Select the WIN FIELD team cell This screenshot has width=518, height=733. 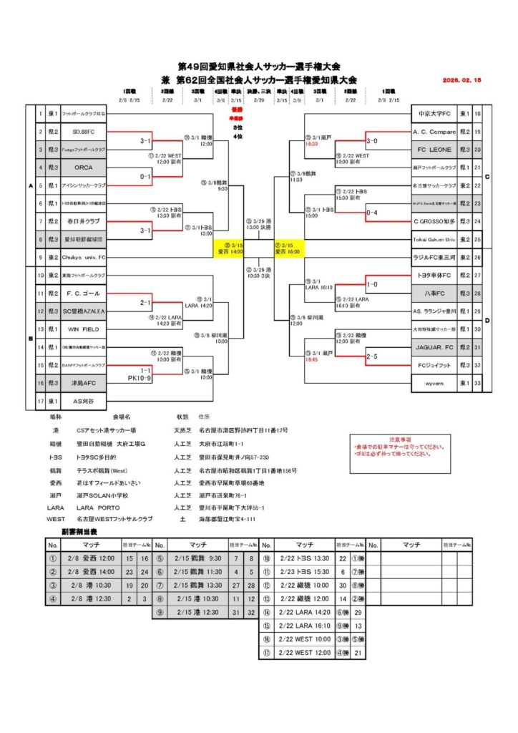84,329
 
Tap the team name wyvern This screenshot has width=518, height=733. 434,384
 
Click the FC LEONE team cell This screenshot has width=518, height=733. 434,150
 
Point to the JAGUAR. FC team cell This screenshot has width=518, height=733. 434,347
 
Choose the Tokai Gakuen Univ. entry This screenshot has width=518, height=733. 434,240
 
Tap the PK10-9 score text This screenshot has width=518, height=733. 141,377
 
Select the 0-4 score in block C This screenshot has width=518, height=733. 372,213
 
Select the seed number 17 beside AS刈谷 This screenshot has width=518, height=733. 40,402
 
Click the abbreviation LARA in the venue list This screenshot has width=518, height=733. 54,506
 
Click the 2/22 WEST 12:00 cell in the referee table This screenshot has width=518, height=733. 305,653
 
